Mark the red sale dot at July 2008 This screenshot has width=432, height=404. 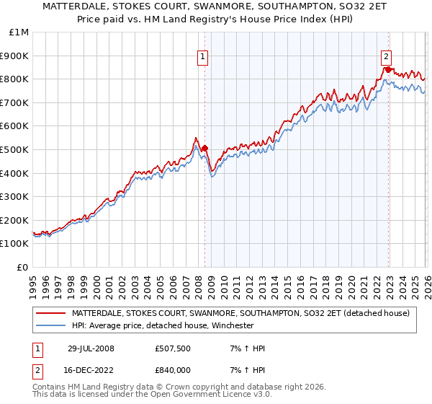[205, 148]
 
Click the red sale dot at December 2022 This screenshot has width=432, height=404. [389, 70]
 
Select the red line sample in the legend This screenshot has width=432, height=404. [50, 313]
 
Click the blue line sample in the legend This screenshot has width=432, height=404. [50, 325]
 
